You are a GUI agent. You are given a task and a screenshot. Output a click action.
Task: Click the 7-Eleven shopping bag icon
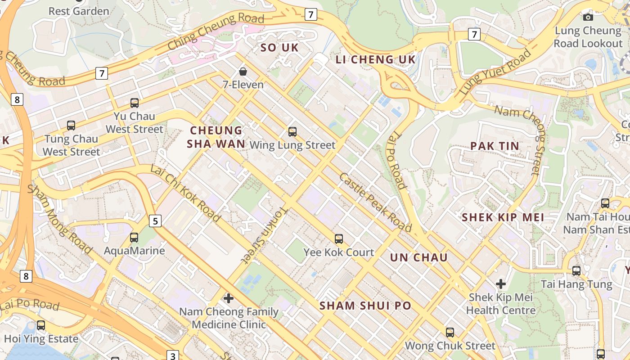point(243,72)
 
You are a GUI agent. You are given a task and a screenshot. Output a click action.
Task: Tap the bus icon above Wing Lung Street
point(292,132)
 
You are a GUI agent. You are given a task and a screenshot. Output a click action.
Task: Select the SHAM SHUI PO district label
point(365,306)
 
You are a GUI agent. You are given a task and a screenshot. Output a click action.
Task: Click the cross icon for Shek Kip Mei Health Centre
point(501,284)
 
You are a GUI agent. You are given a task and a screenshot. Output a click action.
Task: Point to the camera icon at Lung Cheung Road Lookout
point(588,17)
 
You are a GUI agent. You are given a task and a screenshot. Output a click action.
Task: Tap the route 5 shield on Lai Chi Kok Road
point(155,221)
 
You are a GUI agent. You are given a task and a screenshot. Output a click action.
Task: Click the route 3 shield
point(173,356)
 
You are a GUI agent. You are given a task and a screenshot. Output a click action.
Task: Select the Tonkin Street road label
point(265,235)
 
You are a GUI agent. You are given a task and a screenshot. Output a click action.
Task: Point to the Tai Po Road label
point(397,161)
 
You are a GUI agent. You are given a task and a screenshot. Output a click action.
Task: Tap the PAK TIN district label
point(495,146)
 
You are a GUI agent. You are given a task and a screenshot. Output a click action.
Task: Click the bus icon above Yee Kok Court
point(339,239)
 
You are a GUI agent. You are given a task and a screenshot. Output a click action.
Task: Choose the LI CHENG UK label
point(376,60)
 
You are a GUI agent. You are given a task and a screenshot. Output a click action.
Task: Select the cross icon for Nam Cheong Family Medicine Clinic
point(229,298)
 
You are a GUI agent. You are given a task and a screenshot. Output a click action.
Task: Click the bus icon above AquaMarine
point(134,237)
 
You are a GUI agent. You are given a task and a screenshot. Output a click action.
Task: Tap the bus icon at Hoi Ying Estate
point(41,325)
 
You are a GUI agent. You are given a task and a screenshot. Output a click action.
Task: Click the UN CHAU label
point(418,257)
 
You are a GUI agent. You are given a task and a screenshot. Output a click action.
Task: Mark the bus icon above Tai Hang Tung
point(576,271)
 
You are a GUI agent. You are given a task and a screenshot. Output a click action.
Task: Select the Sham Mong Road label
point(60,219)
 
